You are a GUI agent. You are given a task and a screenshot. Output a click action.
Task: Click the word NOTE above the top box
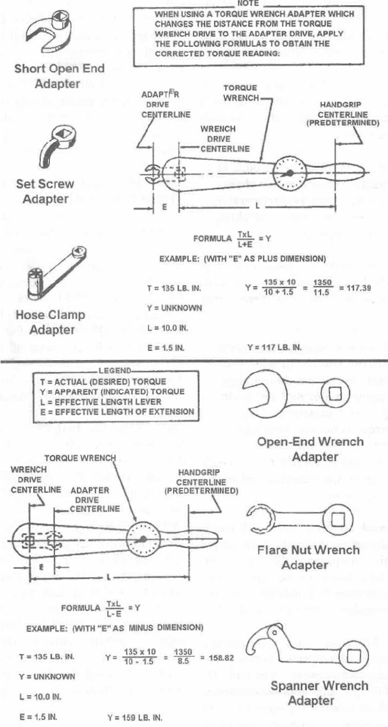(x=245, y=3)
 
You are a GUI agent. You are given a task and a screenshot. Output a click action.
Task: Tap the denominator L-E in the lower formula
(x=114, y=612)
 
